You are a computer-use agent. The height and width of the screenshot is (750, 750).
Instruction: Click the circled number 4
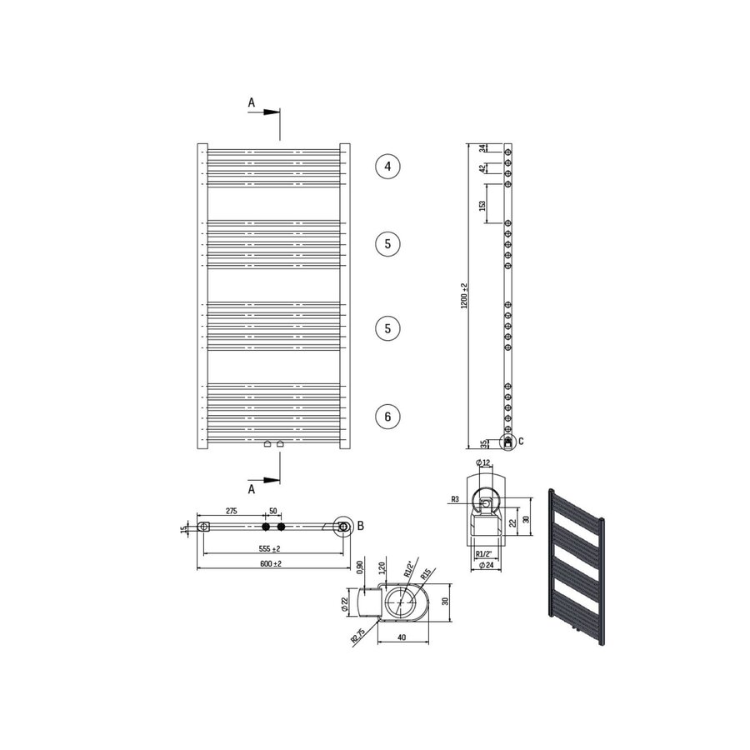coord(387,167)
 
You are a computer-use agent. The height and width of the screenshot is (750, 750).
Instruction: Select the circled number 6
coord(387,415)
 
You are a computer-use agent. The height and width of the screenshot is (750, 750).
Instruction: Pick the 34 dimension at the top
coord(482,148)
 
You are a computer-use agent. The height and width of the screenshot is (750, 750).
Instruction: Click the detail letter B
coord(360,526)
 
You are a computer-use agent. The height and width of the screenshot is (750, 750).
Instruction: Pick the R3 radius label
coord(455,499)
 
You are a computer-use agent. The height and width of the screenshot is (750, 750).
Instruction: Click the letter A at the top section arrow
coord(251,102)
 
